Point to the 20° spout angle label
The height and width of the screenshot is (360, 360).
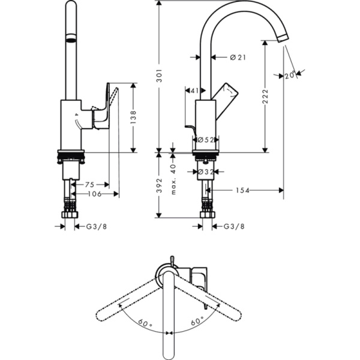[x=290, y=75]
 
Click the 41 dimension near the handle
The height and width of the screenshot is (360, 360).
[x=194, y=91]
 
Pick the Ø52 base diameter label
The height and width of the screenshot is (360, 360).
[x=205, y=139]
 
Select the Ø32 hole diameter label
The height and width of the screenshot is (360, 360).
[x=206, y=172]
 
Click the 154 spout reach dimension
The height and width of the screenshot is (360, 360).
[x=242, y=190]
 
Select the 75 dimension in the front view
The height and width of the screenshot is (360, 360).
[x=90, y=184]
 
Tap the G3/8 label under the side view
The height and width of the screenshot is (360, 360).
[x=234, y=226]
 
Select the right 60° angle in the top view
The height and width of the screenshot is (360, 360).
[x=197, y=322]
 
